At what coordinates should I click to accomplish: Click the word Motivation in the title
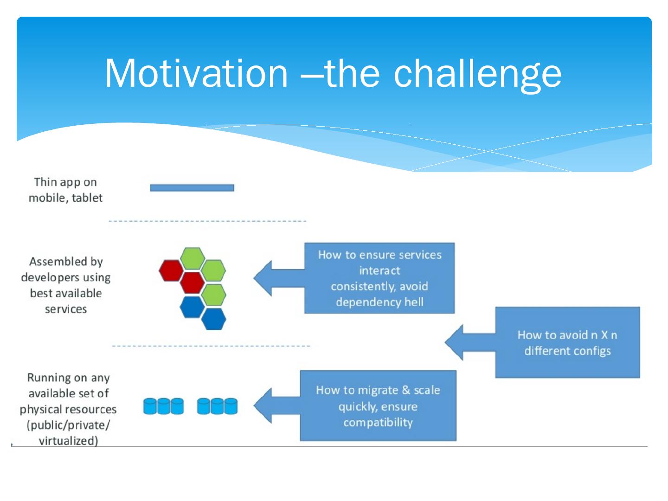coord(196,73)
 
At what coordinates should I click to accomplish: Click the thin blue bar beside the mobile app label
coord(192,188)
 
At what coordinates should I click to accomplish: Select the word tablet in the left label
coord(87,198)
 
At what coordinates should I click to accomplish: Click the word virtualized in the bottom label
coord(68,441)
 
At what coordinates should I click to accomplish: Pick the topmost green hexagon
coord(193,258)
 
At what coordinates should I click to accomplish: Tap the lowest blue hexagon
coord(214,319)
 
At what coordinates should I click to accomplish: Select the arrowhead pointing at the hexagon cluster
coord(263,278)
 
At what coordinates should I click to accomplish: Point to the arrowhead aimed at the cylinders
coord(263,405)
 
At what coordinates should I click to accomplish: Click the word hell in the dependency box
coord(414,302)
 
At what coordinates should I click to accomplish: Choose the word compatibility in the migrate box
coord(378,423)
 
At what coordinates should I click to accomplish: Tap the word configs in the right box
coord(591,351)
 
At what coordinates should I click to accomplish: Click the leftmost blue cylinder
coord(150,406)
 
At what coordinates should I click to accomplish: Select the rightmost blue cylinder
coord(231,406)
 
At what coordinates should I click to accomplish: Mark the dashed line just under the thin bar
coord(207,221)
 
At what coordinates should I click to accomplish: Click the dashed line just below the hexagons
coord(211,346)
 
